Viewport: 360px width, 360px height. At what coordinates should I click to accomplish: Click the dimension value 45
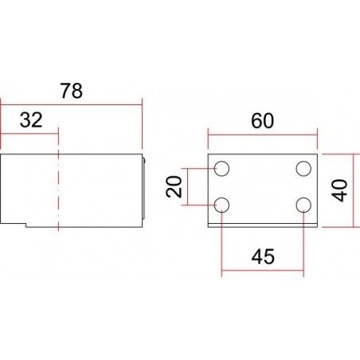click(262, 256)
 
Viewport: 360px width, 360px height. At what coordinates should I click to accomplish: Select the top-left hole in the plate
click(222, 169)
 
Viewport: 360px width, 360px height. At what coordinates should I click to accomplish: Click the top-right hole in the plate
click(303, 169)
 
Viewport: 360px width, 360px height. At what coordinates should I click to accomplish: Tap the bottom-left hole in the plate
click(222, 205)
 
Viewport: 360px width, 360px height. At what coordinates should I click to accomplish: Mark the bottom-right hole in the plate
click(303, 205)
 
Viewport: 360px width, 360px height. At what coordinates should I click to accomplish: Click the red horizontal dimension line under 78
click(71, 102)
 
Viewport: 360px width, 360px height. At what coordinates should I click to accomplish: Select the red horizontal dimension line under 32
click(30, 133)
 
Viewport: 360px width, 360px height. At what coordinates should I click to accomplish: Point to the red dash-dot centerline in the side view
click(59, 191)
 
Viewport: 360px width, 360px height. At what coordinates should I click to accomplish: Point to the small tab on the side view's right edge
click(143, 162)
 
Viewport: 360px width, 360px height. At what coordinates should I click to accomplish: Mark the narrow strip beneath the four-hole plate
click(262, 226)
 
